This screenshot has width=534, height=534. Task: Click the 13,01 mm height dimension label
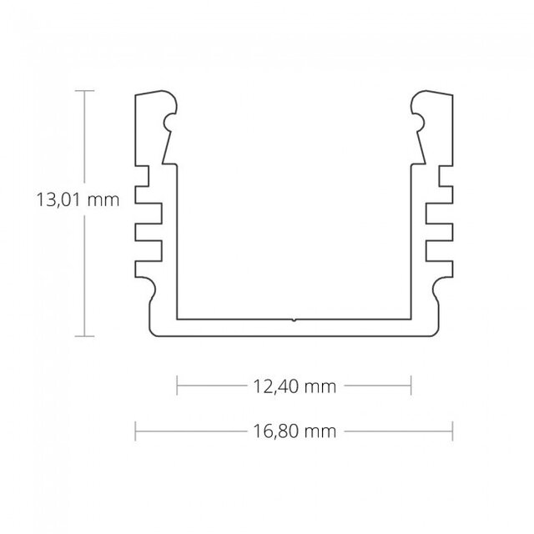(73, 200)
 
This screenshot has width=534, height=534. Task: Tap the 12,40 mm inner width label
(294, 386)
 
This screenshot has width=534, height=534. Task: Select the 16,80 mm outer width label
(294, 431)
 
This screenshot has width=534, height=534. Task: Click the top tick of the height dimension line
(83, 89)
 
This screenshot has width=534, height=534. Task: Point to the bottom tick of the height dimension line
(83, 336)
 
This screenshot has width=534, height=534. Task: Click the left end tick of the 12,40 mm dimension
(178, 386)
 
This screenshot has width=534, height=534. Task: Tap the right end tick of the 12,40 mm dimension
(411, 386)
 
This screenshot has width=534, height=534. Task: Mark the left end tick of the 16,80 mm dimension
(136, 431)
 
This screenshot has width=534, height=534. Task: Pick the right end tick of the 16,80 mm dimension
(452, 431)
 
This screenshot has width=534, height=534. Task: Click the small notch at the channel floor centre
(294, 318)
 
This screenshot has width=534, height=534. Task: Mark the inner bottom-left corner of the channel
(179, 318)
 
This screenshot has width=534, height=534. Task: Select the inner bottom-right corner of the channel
(411, 318)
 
